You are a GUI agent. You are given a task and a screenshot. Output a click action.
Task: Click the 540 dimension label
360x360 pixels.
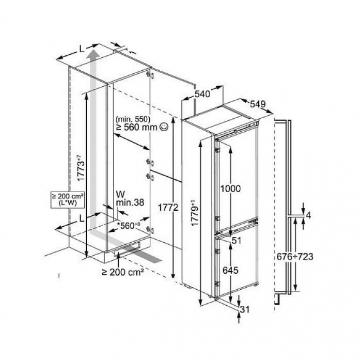tap(202, 94)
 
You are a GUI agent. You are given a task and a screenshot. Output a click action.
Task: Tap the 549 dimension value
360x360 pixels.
tap(258, 104)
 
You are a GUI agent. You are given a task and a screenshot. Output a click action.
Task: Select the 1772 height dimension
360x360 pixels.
tap(168, 208)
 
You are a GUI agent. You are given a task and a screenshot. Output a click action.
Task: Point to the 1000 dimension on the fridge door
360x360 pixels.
tap(230, 189)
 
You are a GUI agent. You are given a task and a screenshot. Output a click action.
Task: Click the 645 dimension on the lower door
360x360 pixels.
tap(230, 270)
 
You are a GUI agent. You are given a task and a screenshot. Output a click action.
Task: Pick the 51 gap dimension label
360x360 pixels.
tap(237, 241)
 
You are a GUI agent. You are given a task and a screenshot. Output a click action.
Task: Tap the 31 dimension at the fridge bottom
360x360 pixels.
tap(245, 309)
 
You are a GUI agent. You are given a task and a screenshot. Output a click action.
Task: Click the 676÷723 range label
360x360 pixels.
tap(295, 257)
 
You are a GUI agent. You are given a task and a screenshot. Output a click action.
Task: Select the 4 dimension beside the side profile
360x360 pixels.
tap(308, 215)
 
